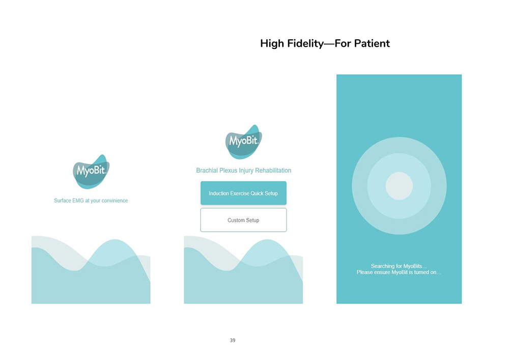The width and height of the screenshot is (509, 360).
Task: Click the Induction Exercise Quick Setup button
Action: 243,193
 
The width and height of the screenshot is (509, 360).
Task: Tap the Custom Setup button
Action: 243,220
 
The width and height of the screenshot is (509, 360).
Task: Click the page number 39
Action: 233,340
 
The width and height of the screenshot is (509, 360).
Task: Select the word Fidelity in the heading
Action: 305,43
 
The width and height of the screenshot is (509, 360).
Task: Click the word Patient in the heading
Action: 372,43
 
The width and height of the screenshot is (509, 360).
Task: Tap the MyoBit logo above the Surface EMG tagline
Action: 91,172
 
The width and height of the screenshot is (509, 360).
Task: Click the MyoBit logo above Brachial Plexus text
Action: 243,142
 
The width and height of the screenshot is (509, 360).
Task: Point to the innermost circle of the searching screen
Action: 399,186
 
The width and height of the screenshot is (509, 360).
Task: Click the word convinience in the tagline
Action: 115,201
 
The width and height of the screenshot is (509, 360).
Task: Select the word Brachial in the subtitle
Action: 207,171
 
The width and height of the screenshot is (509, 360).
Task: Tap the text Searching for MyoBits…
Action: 399,266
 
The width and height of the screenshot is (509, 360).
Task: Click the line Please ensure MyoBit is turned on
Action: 399,272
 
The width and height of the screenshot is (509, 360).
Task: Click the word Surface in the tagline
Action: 62,201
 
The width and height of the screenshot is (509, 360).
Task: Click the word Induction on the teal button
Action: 219,193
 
